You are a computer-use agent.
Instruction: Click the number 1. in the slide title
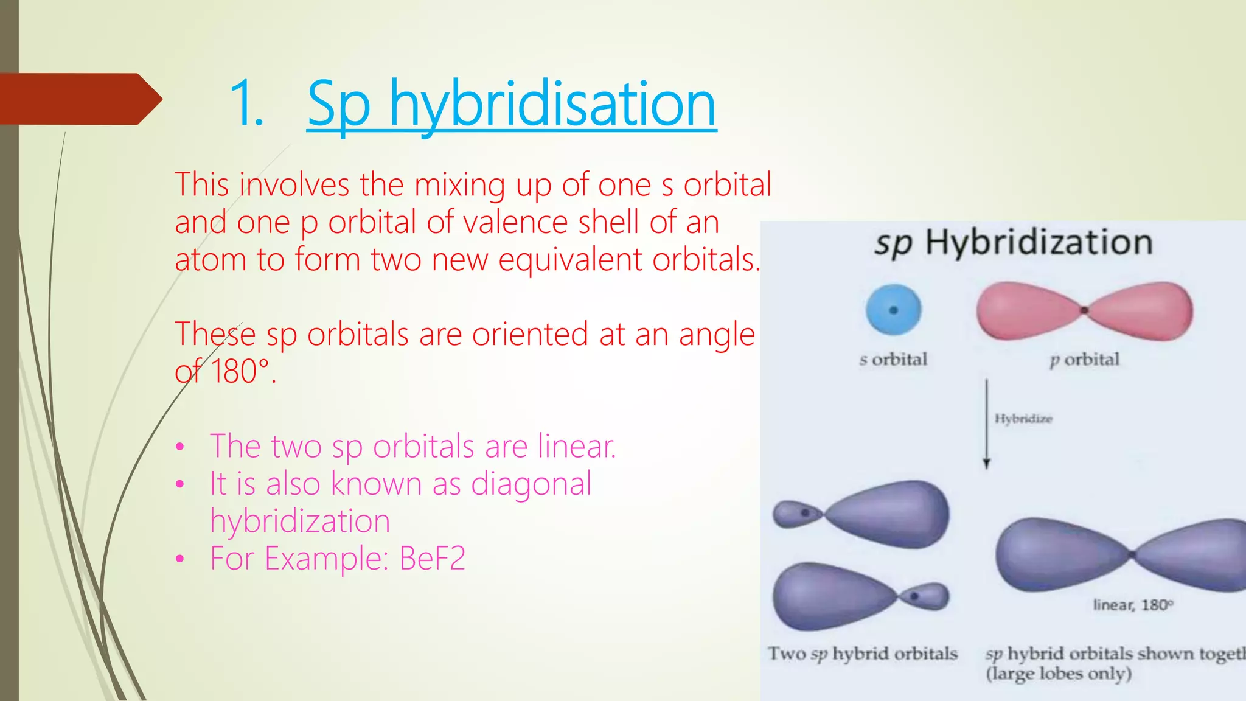(246, 105)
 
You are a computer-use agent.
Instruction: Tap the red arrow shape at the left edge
(79, 99)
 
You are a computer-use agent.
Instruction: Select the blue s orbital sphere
(893, 310)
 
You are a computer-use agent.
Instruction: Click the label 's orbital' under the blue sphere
(893, 360)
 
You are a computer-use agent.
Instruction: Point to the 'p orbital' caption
(1085, 360)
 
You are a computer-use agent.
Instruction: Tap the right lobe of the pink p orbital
(1144, 310)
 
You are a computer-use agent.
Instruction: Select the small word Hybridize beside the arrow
(1023, 419)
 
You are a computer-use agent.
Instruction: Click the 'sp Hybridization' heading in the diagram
(1014, 242)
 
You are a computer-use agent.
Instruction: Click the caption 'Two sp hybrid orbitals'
(862, 654)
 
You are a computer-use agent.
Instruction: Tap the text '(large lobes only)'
(1059, 674)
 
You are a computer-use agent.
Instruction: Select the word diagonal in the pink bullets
(531, 484)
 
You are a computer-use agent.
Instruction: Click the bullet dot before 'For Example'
(179, 559)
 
